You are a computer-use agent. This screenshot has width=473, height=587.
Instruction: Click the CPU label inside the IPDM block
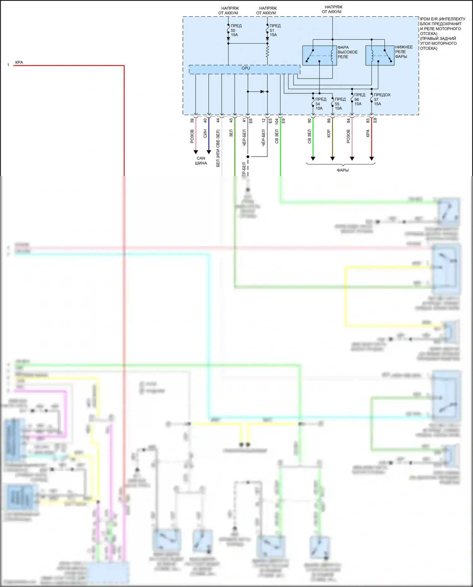pos(246,68)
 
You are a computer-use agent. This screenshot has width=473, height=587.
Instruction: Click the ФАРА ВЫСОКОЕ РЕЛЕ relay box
pos(319,56)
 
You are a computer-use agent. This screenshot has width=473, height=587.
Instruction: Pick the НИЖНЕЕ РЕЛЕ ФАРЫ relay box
pos(380,56)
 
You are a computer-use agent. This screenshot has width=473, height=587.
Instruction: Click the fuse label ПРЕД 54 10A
pos(320,104)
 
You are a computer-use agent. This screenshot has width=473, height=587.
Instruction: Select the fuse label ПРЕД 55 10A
pos(340,104)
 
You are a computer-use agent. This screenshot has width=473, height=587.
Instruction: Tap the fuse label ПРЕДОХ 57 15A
pos(381,99)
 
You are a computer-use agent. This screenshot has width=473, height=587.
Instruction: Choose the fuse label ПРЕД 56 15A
pos(359,99)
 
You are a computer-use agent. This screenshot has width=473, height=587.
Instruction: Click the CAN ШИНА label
pos(201,161)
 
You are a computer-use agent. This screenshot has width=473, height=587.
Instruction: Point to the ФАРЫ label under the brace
pos(342,170)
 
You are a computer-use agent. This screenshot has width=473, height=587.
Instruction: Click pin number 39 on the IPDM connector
pos(192,120)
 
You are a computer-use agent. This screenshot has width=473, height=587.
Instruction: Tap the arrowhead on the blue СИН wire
pos(209,152)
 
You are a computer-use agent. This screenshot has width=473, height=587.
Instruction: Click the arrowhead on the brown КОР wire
pos(332,158)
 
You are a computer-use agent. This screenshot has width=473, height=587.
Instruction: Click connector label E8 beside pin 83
pos(375,120)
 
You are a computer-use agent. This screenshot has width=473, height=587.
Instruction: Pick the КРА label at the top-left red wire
pos(19,62)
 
